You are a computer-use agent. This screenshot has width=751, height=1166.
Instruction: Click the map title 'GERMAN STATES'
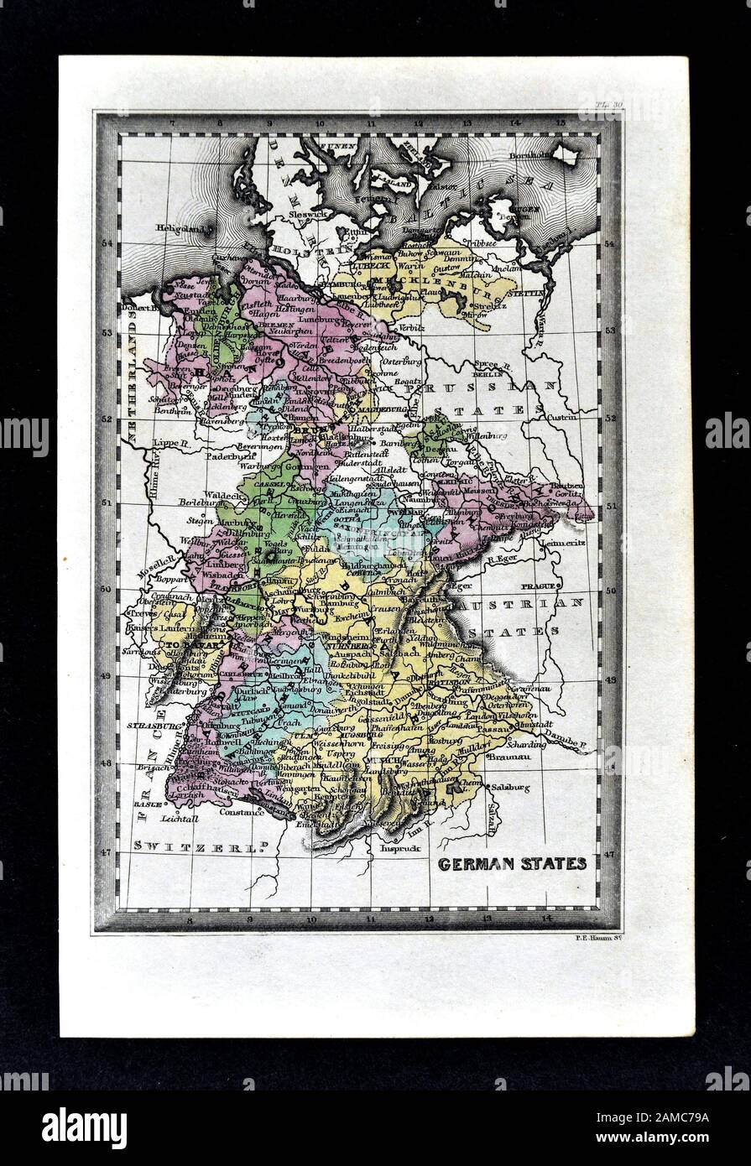512,863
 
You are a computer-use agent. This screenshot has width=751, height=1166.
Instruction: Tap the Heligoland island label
182,227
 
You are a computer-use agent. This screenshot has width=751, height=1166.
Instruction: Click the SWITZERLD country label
194,847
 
